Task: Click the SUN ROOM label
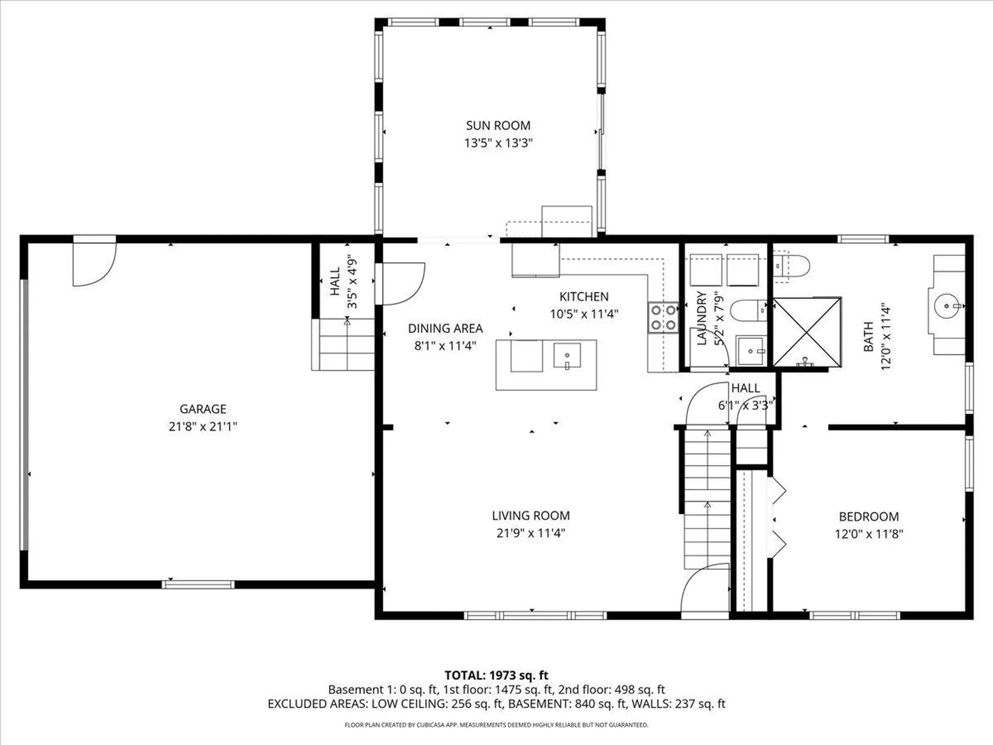click(x=498, y=126)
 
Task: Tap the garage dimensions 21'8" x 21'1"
click(x=203, y=426)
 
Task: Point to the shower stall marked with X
click(x=807, y=332)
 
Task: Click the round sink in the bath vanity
click(x=946, y=306)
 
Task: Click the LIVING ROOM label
click(x=531, y=516)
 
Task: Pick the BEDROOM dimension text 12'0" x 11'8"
click(x=868, y=534)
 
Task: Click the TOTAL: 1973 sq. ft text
click(x=496, y=675)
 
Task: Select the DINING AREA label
click(x=445, y=329)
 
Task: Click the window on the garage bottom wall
click(x=198, y=585)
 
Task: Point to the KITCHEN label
click(x=584, y=296)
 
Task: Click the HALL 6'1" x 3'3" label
click(x=745, y=396)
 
